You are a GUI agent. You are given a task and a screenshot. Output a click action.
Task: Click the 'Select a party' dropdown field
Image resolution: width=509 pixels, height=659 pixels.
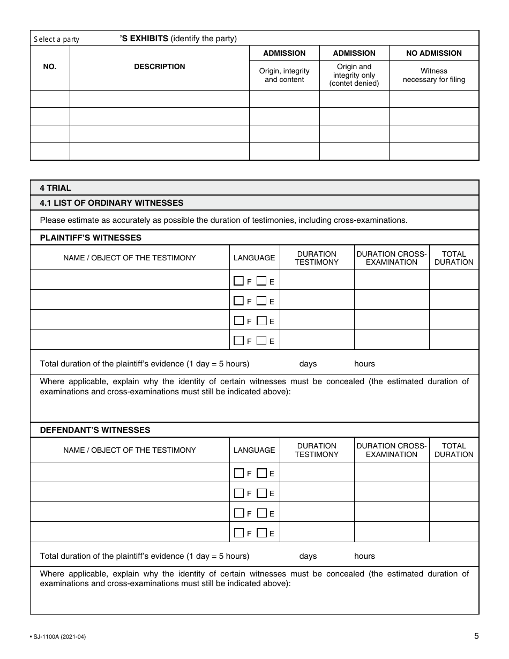[x=72, y=39]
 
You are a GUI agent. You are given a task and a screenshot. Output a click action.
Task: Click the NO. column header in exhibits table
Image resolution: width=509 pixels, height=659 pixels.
[x=49, y=67]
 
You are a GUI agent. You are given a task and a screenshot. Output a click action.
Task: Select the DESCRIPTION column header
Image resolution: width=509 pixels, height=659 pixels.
[x=159, y=67]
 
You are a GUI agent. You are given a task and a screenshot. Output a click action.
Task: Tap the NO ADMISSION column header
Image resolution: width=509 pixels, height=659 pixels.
[x=433, y=53]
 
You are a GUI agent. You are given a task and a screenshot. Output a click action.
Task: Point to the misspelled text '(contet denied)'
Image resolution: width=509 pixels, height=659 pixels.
[x=354, y=84]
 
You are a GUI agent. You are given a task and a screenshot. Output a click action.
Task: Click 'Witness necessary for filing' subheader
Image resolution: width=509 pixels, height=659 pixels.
[x=433, y=75]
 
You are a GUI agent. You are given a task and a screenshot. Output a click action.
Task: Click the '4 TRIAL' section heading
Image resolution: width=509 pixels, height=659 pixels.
[x=56, y=188]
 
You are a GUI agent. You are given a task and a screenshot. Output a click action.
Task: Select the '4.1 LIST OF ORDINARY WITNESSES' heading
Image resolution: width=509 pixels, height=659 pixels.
[x=111, y=203]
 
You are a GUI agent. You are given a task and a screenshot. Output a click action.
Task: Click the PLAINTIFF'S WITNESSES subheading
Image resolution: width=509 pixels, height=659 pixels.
[x=91, y=238]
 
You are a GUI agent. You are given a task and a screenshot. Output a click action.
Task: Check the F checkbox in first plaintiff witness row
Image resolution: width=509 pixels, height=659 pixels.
[x=238, y=281]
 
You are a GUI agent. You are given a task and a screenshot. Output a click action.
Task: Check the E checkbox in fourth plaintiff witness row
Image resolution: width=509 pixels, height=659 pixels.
[x=261, y=340]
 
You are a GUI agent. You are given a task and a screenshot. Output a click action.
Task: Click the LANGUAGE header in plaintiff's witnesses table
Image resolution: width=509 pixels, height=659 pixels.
[x=254, y=258]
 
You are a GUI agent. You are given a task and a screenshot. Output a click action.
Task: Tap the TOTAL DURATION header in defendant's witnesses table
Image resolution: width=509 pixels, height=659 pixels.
[x=453, y=450]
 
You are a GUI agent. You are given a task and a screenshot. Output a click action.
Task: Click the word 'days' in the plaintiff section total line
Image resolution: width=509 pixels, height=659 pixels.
[x=308, y=364]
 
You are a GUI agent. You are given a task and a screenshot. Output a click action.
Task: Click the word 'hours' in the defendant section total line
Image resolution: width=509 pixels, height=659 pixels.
[x=364, y=556]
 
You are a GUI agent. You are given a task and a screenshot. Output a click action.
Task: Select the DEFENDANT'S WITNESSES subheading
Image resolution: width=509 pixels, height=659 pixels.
[x=95, y=430]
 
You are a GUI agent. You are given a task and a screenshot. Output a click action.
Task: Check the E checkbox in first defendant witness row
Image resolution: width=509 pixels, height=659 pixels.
[x=261, y=473]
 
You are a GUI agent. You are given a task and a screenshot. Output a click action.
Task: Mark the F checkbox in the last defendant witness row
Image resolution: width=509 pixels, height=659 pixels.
[x=238, y=533]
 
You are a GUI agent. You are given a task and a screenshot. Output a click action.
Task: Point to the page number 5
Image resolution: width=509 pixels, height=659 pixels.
[x=476, y=636]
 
